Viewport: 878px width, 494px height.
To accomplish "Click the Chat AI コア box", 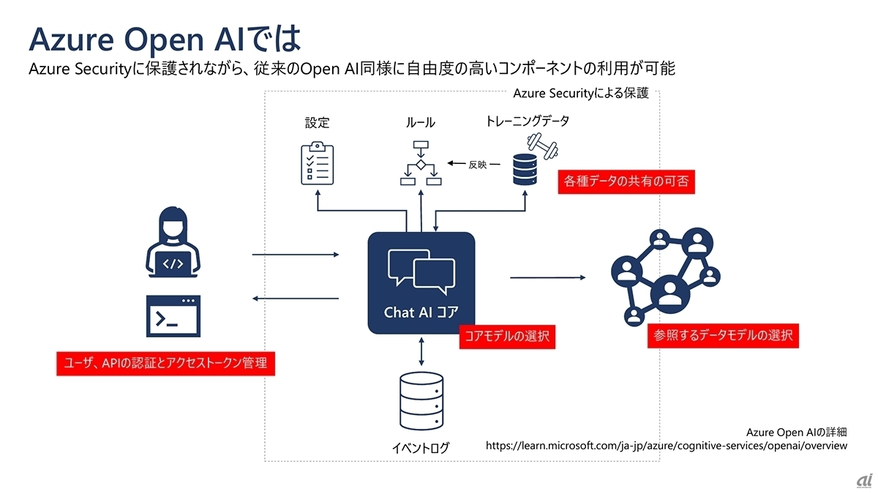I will click(421, 282).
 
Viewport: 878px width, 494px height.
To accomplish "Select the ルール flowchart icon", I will click(420, 164).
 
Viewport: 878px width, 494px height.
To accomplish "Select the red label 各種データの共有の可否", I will click(625, 182).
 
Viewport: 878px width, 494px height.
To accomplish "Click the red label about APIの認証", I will click(165, 363).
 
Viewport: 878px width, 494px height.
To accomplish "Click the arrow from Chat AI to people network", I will click(548, 277).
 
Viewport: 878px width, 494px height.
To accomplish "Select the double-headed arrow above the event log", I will click(421, 352).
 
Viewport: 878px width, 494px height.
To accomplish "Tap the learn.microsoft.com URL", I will click(667, 445).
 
